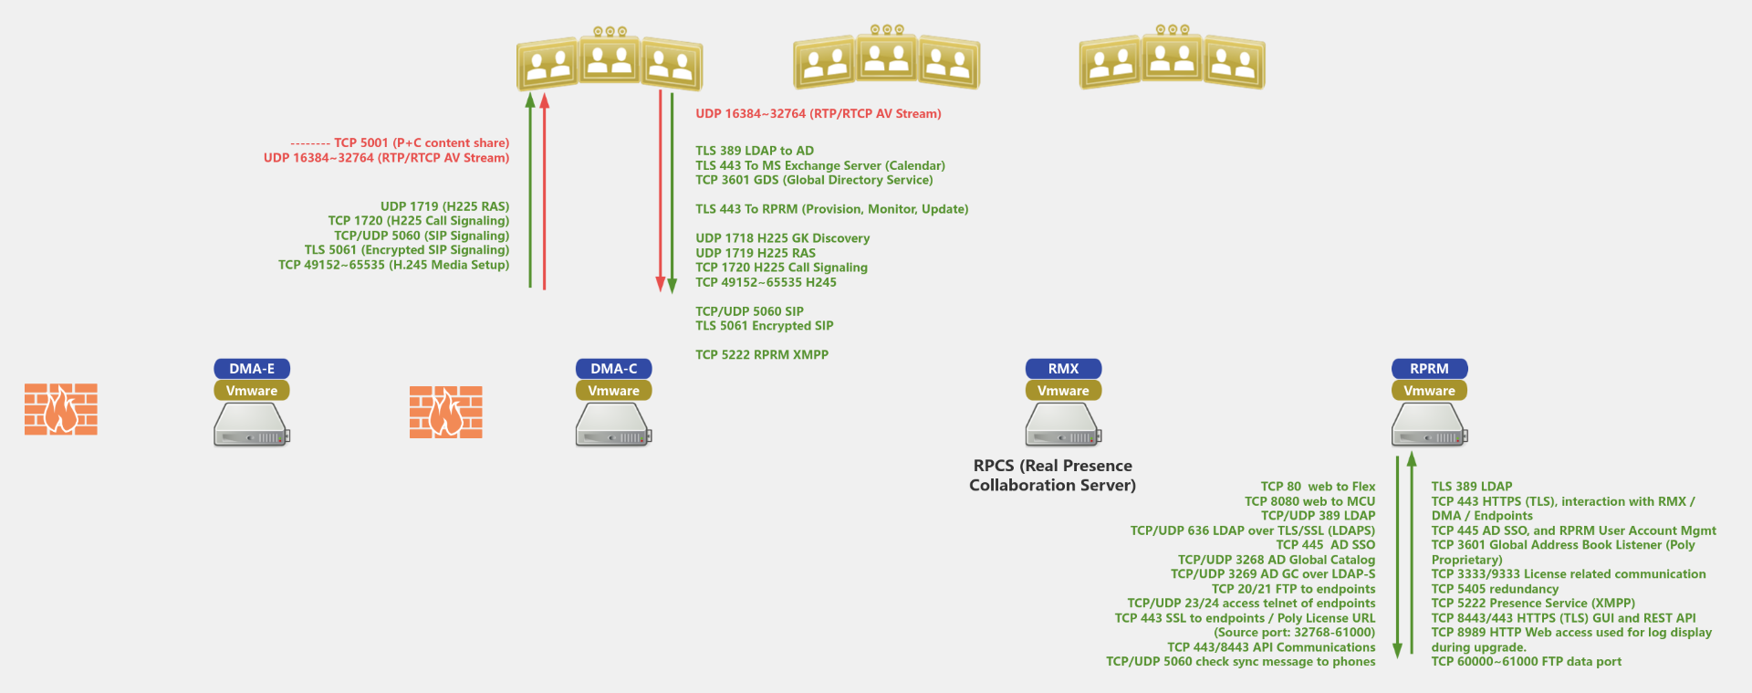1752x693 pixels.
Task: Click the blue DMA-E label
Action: click(x=252, y=369)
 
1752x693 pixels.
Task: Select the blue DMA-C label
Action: click(x=613, y=369)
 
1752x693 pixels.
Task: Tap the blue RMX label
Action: click(x=1063, y=369)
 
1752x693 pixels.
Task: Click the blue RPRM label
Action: click(x=1429, y=369)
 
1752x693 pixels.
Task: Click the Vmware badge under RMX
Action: click(x=1063, y=391)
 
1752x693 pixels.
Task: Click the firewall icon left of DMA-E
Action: click(x=60, y=409)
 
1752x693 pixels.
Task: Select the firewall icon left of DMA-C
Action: click(x=445, y=412)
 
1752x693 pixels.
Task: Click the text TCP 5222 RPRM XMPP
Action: click(x=762, y=355)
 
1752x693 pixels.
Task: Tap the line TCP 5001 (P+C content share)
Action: click(x=421, y=143)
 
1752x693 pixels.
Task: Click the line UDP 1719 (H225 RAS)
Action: click(x=444, y=206)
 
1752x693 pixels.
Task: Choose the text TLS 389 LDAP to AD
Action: click(x=755, y=151)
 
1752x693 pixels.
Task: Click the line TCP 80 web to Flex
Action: click(x=1318, y=487)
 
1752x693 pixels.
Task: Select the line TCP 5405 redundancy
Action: click(x=1495, y=589)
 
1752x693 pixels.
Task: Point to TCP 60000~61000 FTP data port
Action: click(x=1526, y=662)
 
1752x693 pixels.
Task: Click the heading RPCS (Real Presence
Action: click(x=1052, y=466)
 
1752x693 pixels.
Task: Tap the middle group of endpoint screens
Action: click(x=886, y=59)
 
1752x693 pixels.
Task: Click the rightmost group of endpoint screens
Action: click(x=1172, y=59)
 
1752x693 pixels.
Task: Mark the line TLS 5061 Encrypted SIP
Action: click(x=764, y=326)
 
